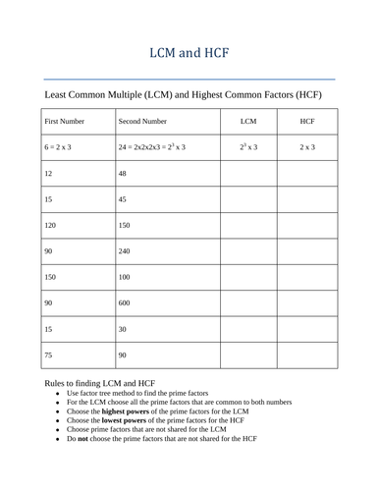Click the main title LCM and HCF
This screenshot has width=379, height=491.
click(189, 51)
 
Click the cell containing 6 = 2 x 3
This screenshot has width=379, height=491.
click(34, 148)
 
